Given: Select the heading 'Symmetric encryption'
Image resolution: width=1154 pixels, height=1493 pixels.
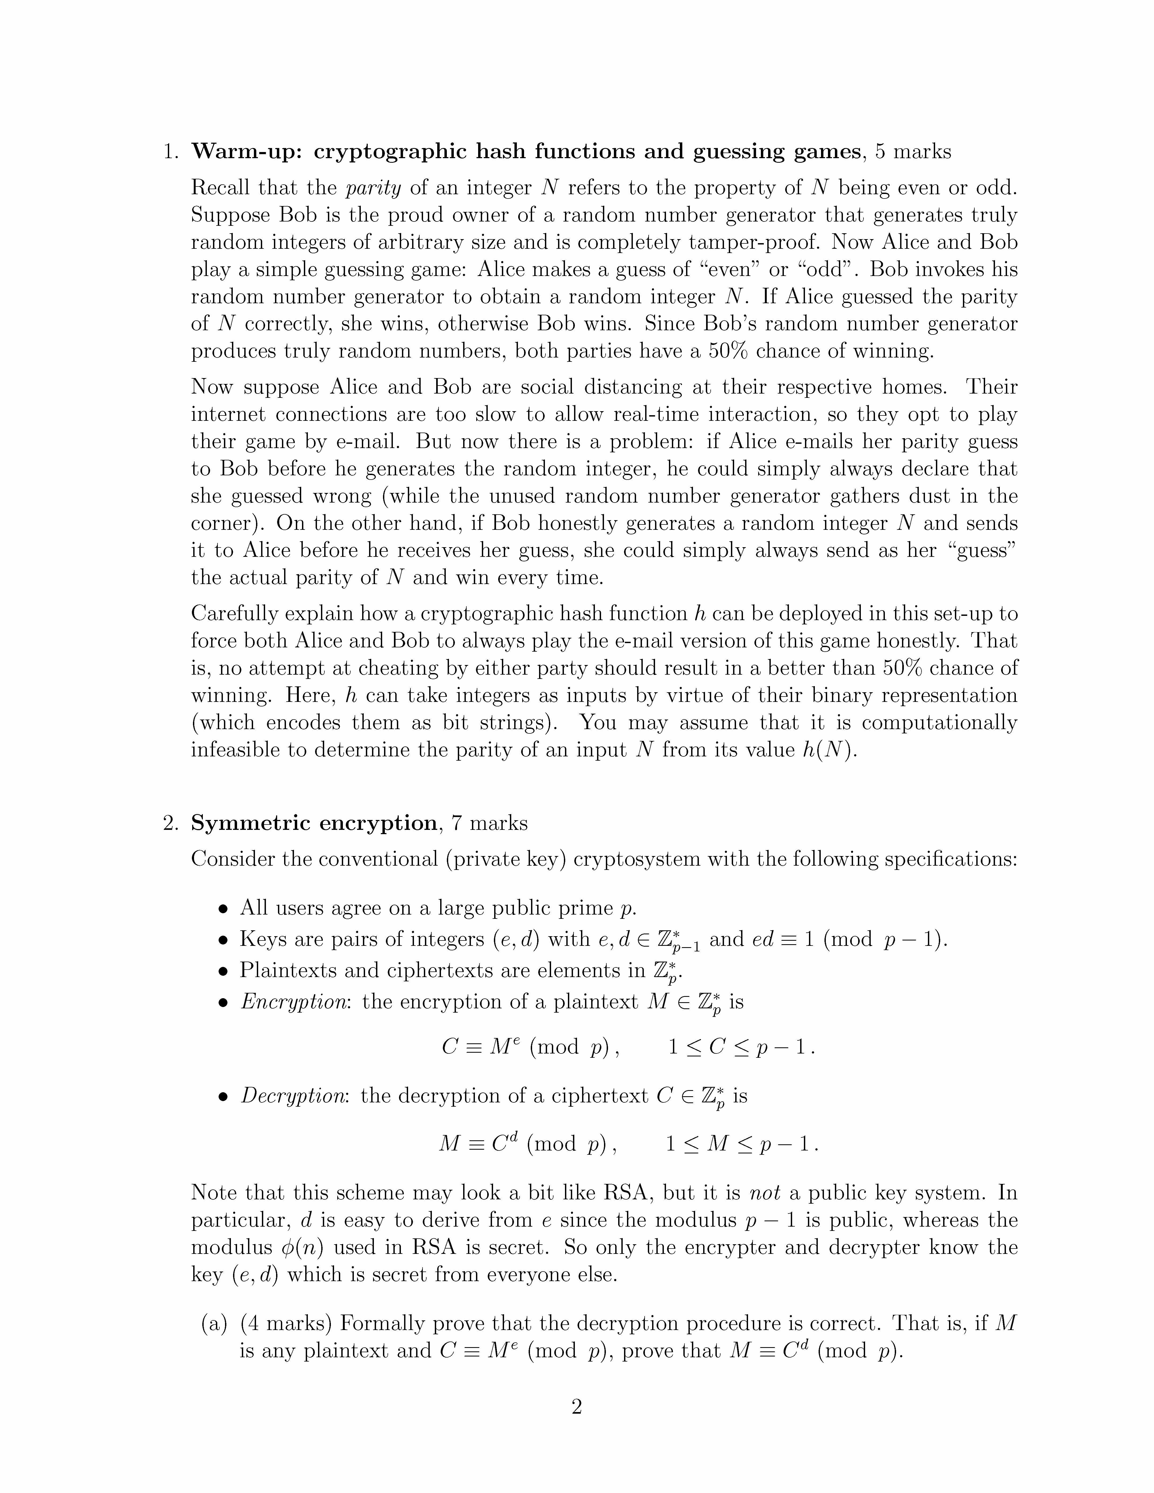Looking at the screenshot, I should tap(314, 823).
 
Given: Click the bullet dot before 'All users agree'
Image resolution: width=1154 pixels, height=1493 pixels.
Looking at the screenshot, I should tap(222, 909).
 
